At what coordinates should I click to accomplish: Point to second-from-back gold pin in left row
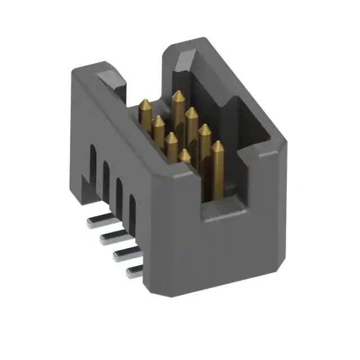click(x=159, y=121)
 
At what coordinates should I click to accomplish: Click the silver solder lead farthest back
click(x=96, y=222)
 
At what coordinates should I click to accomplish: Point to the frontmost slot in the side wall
click(x=133, y=213)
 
